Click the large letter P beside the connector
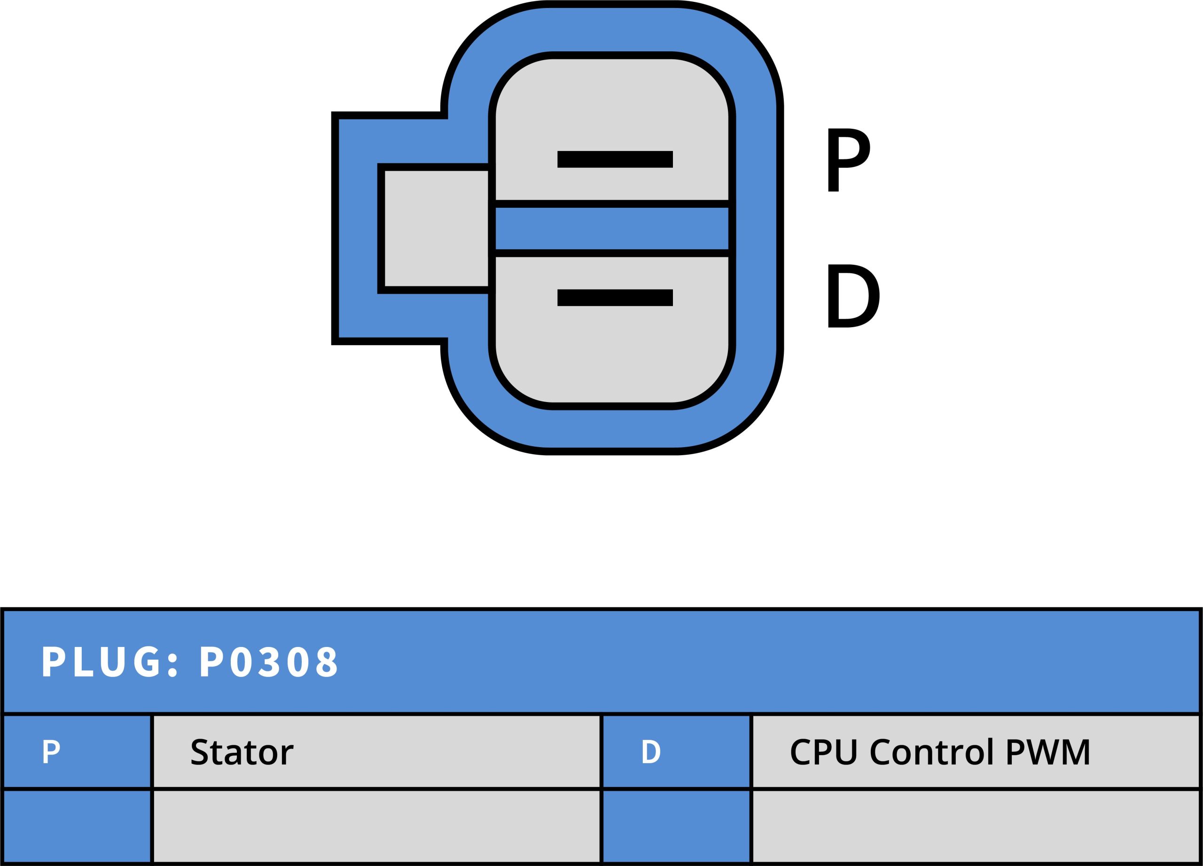848,160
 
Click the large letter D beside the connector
852,296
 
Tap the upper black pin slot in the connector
615,159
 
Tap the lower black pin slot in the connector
615,298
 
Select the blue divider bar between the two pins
611,228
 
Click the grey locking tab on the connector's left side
436,228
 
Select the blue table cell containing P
77,751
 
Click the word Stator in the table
242,752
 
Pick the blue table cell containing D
676,751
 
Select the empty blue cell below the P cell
77,827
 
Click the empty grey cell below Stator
376,827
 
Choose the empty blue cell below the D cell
676,827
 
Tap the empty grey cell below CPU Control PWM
976,827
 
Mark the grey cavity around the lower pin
611,355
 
